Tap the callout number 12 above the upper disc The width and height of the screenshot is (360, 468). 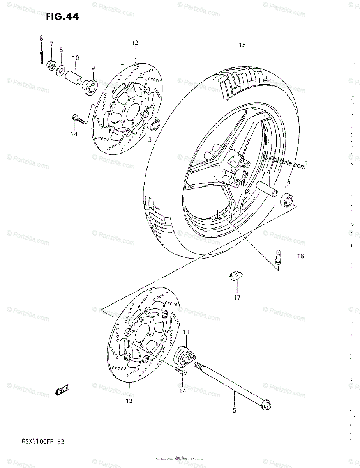click(135, 43)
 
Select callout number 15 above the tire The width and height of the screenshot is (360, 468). click(242, 45)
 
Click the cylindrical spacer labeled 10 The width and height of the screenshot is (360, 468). click(74, 74)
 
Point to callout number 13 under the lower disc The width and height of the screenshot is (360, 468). click(129, 401)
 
